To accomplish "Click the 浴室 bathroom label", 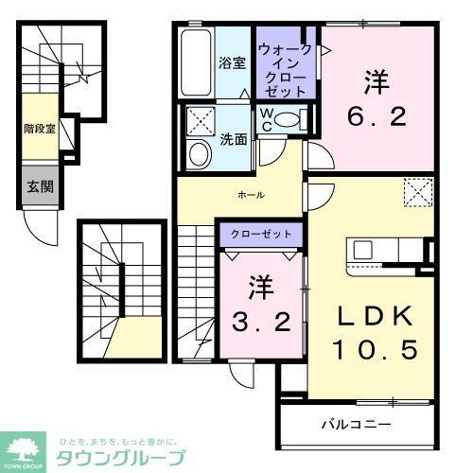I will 232,63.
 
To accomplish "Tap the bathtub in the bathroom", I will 196,62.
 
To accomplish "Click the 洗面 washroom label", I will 236,138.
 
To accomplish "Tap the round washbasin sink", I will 199,154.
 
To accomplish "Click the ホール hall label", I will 251,195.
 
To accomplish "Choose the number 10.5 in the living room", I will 374,351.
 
